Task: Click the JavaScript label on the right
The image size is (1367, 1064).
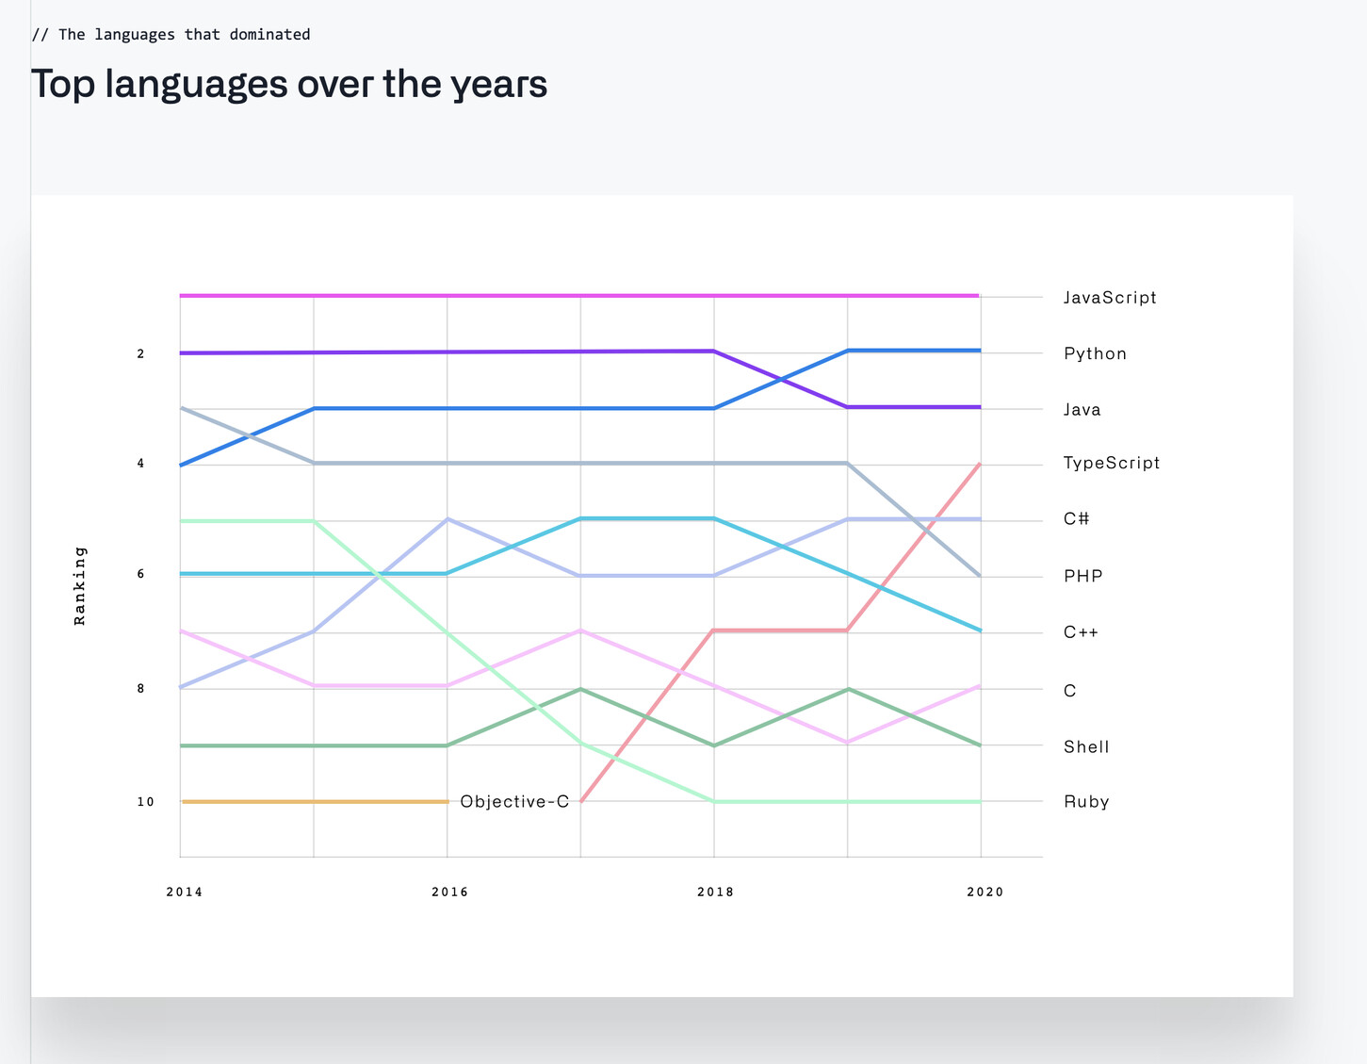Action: coord(1109,298)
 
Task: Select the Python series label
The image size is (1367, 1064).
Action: coord(1095,354)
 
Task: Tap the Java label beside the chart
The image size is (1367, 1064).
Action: coord(1082,410)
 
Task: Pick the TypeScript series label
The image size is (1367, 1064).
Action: coord(1111,463)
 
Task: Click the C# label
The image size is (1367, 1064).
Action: coord(1076,519)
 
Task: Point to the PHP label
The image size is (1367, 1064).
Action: coord(1082,576)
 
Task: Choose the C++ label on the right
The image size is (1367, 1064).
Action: coord(1081,632)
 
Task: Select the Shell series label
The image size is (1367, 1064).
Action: coord(1086,747)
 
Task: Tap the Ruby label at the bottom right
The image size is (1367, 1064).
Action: coord(1086,802)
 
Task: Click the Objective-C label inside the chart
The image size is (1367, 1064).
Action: coord(514,802)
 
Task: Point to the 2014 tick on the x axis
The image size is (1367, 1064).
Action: coord(184,892)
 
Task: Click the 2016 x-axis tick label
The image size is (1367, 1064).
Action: coord(449,892)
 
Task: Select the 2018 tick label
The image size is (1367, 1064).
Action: coord(715,892)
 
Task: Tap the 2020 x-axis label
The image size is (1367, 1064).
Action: coord(985,892)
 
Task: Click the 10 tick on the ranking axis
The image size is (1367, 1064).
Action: coord(145,802)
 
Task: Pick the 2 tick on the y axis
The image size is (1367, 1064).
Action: coord(140,353)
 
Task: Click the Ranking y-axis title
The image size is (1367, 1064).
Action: coord(80,585)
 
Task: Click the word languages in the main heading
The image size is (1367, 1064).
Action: coord(196,84)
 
